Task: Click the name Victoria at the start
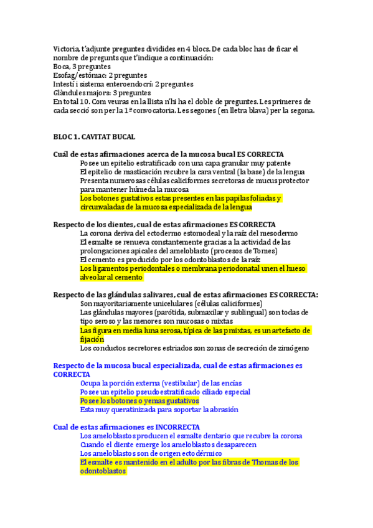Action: (x=66, y=49)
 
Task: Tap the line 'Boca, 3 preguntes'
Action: (x=82, y=67)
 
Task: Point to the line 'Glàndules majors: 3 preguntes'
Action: (x=102, y=93)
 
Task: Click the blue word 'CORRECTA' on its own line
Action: (x=72, y=374)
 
